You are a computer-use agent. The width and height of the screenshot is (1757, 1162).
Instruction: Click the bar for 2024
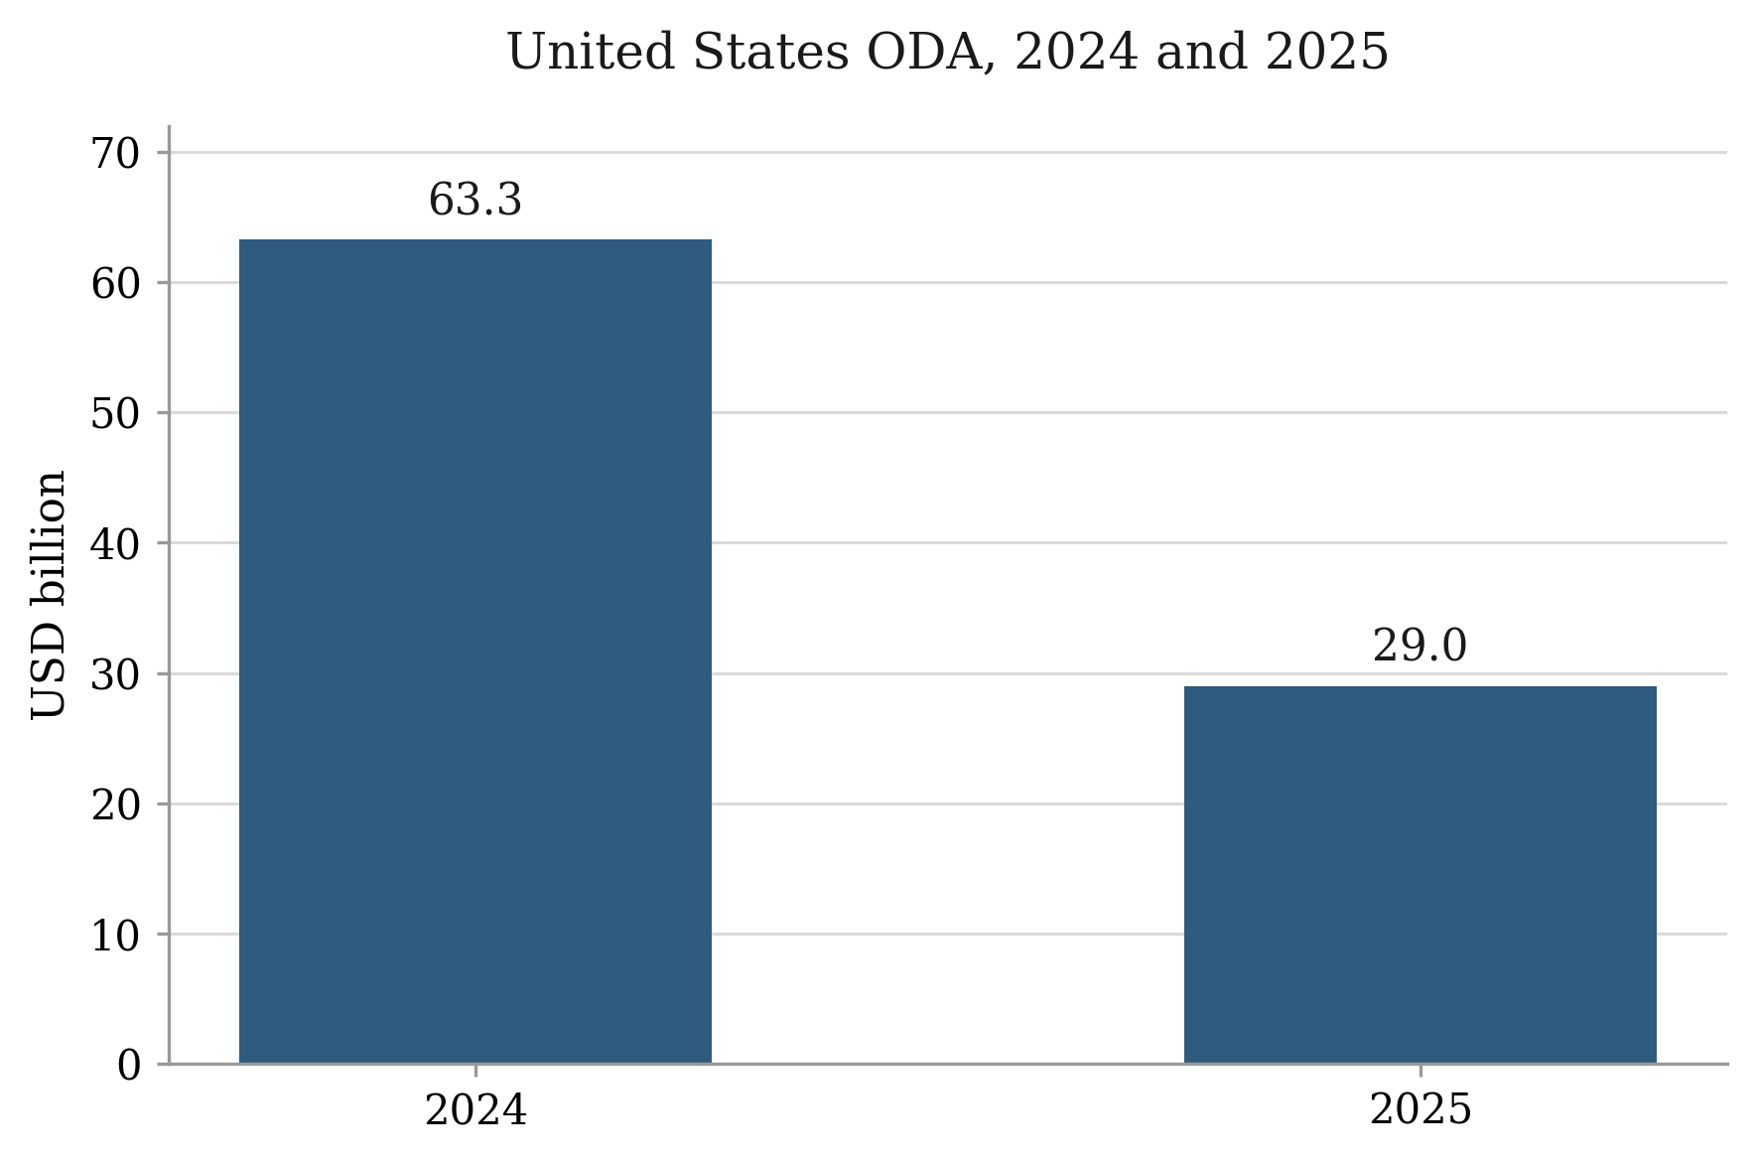click(x=475, y=652)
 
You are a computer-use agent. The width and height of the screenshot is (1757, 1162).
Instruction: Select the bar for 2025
click(x=1420, y=875)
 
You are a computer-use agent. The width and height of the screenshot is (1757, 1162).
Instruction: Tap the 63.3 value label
click(x=475, y=201)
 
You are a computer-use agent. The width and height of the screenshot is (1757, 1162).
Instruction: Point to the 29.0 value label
click(x=1419, y=648)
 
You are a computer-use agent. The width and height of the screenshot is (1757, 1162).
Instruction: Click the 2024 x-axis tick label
click(x=475, y=1110)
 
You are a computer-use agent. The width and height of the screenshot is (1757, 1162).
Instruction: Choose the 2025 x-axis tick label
click(x=1420, y=1110)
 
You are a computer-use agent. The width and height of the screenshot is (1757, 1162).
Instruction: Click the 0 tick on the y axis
click(x=129, y=1066)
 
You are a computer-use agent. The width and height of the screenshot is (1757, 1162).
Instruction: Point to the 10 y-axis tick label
click(x=116, y=936)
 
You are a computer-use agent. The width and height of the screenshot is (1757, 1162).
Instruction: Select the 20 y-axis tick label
click(x=116, y=805)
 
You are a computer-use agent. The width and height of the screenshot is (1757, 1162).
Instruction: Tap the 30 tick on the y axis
click(x=116, y=675)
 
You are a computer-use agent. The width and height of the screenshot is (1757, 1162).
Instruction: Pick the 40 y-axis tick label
click(x=116, y=544)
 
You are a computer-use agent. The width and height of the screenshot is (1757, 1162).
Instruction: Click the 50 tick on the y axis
click(x=116, y=414)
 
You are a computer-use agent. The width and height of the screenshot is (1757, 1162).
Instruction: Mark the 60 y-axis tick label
click(x=116, y=284)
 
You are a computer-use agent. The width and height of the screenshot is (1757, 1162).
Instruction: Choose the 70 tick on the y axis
click(x=116, y=154)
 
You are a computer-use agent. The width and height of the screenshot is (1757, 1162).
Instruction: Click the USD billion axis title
click(x=49, y=595)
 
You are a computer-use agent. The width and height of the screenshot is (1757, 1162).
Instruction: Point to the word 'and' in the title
click(x=1202, y=53)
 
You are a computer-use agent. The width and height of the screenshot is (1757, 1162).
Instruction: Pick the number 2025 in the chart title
click(x=1327, y=53)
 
